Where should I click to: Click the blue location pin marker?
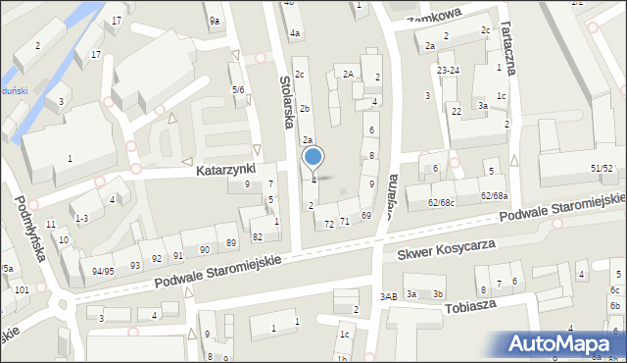(x=313, y=157)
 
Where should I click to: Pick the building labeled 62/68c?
(x=441, y=203)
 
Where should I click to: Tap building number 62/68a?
(x=494, y=196)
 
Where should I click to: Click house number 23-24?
(x=449, y=71)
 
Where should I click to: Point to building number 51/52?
(x=602, y=169)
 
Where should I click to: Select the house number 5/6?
(x=238, y=90)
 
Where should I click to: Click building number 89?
(x=231, y=242)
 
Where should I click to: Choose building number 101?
(x=21, y=290)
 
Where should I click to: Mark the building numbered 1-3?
(x=81, y=218)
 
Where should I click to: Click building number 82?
(x=258, y=236)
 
